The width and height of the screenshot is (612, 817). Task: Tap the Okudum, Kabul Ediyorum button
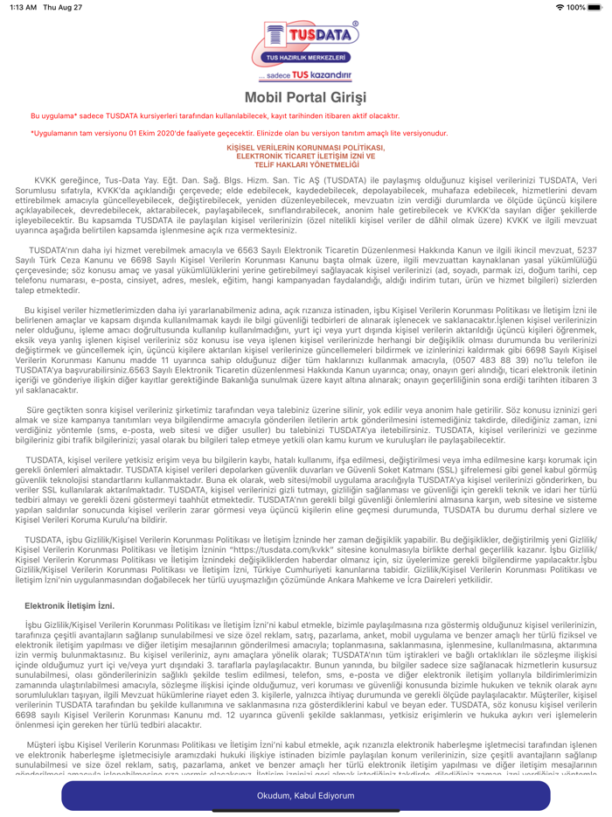(305, 795)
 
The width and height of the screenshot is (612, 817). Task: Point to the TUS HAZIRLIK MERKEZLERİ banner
(305, 57)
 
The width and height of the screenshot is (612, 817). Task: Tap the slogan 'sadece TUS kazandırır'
(305, 75)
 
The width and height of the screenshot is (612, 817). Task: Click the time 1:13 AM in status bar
(24, 7)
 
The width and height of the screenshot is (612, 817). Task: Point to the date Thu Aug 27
(66, 7)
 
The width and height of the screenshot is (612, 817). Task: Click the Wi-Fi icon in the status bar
(559, 7)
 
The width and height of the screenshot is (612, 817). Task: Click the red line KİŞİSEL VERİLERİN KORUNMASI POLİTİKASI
(305, 149)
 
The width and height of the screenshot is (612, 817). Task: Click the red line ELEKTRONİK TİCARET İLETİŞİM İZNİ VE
(305, 156)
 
